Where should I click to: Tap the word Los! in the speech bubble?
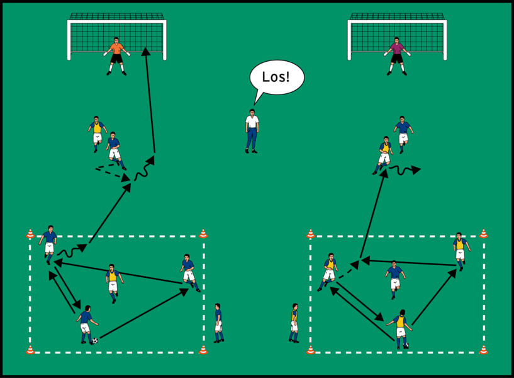[x=277, y=78]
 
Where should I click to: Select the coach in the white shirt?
[x=252, y=131]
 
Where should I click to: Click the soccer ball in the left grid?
[x=94, y=341]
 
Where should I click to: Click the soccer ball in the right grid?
[x=406, y=345]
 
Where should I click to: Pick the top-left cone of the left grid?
[x=30, y=234]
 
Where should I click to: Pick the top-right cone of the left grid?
[x=203, y=234]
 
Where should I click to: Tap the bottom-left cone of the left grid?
[x=30, y=350]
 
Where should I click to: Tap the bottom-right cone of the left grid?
[x=203, y=350]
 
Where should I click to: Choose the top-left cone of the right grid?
[x=310, y=234]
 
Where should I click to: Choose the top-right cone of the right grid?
[x=483, y=234]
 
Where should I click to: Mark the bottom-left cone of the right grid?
[x=310, y=350]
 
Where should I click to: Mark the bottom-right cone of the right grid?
[x=483, y=350]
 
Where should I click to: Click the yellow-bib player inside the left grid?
[x=113, y=282]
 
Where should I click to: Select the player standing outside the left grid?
[x=218, y=322]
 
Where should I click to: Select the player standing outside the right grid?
[x=294, y=322]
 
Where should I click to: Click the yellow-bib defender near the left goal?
[x=96, y=132]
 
